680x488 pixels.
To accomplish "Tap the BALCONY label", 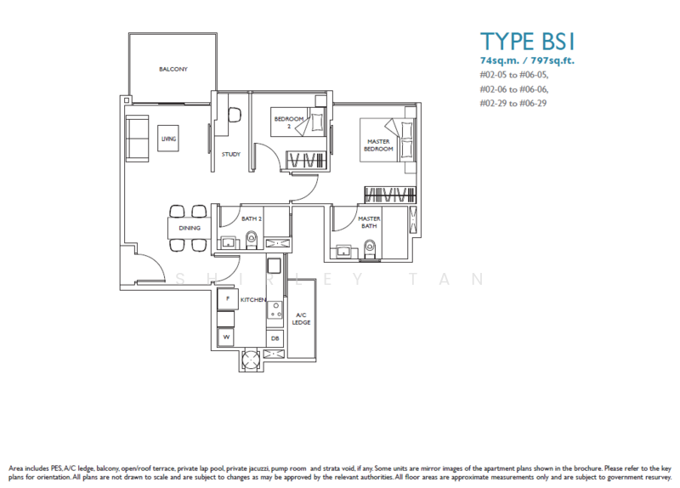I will coord(173,69).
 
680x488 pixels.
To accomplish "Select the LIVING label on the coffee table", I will coord(168,138).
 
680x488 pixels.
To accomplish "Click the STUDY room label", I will coord(230,154).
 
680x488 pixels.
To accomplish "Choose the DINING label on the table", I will coord(189,228).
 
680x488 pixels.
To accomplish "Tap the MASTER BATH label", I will coord(368,222).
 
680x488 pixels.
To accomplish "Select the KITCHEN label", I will coord(253,300).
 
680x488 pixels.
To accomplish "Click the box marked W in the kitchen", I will coord(227,338).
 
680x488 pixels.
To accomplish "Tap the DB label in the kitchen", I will coord(275,338).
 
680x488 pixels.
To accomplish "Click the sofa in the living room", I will coord(134,135).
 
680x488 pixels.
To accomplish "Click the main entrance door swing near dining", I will coord(146,265).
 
